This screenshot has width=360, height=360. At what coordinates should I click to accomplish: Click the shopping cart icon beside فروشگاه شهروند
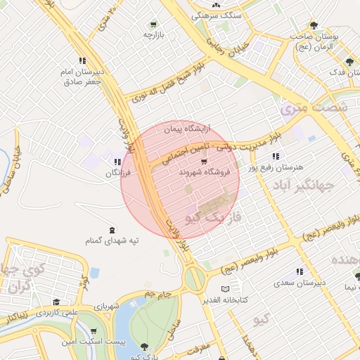pyautogui.click(x=204, y=162)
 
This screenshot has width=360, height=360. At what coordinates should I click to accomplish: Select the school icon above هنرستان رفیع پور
pyautogui.click(x=277, y=156)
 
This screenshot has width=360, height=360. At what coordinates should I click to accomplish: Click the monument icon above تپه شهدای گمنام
pyautogui.click(x=112, y=231)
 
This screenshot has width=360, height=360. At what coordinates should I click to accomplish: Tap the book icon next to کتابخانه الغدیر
pyautogui.click(x=225, y=289)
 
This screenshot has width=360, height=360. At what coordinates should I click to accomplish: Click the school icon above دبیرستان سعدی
pyautogui.click(x=300, y=271)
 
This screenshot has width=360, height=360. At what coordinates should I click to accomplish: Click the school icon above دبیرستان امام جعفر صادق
pyautogui.click(x=82, y=60)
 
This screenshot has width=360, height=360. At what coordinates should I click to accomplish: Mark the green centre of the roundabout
pyautogui.click(x=195, y=279)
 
